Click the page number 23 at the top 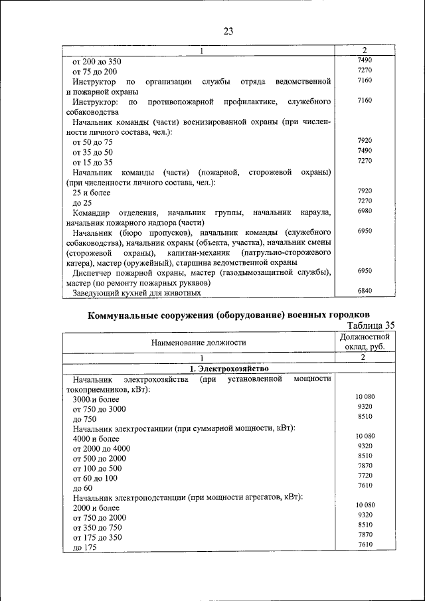228,31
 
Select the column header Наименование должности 199,342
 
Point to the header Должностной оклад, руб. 365,342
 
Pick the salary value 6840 365,291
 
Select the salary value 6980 365,211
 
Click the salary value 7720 365,476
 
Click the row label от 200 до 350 97,62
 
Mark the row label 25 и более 92,192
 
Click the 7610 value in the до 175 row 365,545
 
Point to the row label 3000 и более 96,400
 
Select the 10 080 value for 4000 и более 365,436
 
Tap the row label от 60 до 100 95,478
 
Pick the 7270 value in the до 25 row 365,201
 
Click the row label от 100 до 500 98,468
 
